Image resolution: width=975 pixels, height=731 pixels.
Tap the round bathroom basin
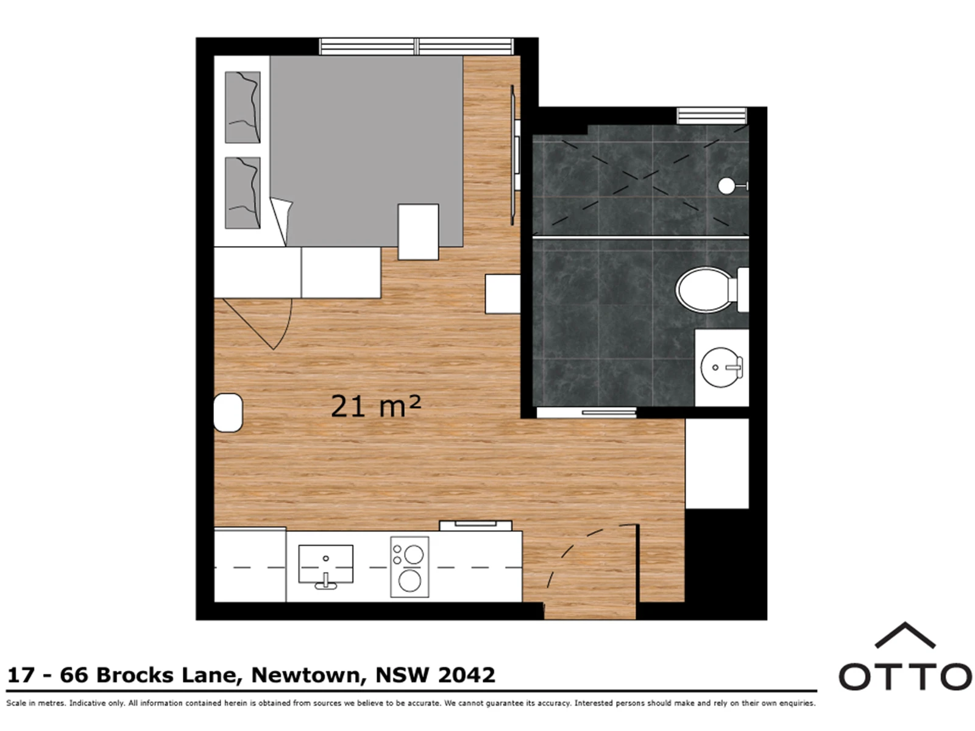coord(721,367)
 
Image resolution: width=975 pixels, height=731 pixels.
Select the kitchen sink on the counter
coord(325,565)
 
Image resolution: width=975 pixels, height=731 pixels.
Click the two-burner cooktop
coord(409,567)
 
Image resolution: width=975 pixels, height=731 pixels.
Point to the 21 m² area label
coord(376,406)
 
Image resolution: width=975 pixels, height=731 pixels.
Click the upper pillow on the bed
coord(243,107)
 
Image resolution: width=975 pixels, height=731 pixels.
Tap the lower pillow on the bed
coord(243,192)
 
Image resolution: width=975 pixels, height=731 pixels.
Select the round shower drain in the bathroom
coord(727,186)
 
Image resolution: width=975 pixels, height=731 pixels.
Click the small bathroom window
coord(712,115)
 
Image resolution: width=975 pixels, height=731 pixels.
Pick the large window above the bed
coord(416,46)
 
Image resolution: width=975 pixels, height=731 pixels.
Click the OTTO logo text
coord(906,677)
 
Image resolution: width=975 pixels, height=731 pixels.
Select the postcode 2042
coord(466,675)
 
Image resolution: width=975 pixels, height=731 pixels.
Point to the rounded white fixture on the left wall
coord(228,413)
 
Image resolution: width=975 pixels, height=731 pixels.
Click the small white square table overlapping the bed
coord(418,231)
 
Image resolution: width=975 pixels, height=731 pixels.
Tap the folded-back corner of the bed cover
coord(282,221)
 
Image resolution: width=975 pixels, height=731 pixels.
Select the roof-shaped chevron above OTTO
coord(905,635)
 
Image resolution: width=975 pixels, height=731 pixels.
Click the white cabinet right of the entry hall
coord(717,464)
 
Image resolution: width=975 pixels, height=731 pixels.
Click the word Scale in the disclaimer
coord(17,703)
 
